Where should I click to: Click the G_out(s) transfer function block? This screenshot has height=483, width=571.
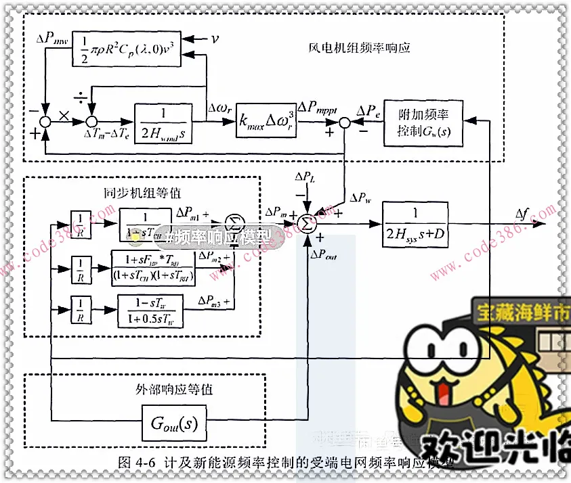[173, 424]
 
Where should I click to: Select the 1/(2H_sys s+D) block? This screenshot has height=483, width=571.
[415, 225]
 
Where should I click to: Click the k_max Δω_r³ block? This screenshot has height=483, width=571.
[266, 122]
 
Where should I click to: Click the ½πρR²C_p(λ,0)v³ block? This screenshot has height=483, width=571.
[126, 48]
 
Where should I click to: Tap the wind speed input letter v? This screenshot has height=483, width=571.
[215, 39]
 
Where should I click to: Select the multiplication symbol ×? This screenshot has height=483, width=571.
[64, 116]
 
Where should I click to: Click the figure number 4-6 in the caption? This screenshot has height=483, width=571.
[146, 463]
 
